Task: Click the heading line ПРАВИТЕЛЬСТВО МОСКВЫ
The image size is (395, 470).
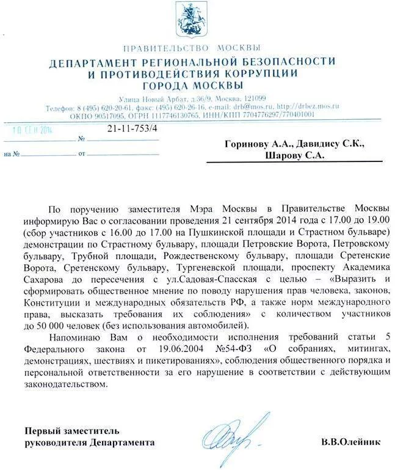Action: [192, 48]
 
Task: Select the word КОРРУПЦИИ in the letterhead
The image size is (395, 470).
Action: [264, 73]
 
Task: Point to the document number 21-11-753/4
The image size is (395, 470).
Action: [132, 128]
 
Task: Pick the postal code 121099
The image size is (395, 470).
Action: [253, 98]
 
